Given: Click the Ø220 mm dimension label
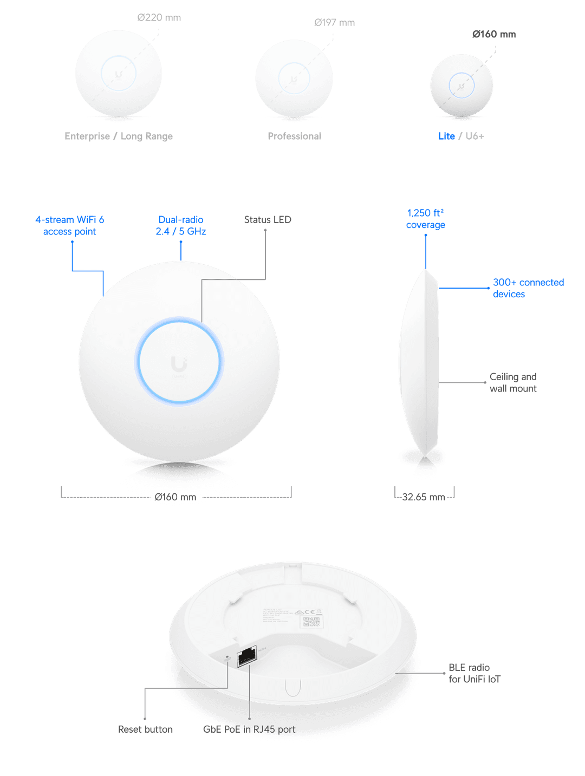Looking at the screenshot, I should pyautogui.click(x=159, y=18).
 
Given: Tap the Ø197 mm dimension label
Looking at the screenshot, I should pyautogui.click(x=334, y=23).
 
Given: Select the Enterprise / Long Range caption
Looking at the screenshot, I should pyautogui.click(x=119, y=136).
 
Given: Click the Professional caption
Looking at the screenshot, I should pyautogui.click(x=295, y=136).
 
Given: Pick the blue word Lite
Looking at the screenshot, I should pyautogui.click(x=446, y=136).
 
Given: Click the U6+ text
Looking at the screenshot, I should pyautogui.click(x=474, y=136).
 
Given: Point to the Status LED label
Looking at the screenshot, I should pyautogui.click(x=268, y=220).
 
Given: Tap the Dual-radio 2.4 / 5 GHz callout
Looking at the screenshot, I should pyautogui.click(x=181, y=225).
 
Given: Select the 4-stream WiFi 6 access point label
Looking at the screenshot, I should pyautogui.click(x=70, y=225).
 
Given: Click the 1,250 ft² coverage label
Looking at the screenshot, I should pyautogui.click(x=426, y=219).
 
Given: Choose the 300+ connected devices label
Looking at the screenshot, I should pyautogui.click(x=528, y=288).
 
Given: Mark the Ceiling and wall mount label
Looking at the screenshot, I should pyautogui.click(x=513, y=382).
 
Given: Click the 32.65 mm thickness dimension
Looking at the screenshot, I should pyautogui.click(x=424, y=497).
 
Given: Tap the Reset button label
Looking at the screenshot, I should pyautogui.click(x=145, y=729).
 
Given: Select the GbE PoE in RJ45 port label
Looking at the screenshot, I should pyautogui.click(x=249, y=729).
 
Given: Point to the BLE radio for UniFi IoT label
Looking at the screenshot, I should pyautogui.click(x=474, y=673).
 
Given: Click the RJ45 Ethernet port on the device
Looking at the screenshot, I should pyautogui.click(x=246, y=656).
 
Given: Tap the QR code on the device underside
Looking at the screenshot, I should pyautogui.click(x=311, y=622).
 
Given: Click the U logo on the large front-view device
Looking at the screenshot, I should pyautogui.click(x=179, y=364).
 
